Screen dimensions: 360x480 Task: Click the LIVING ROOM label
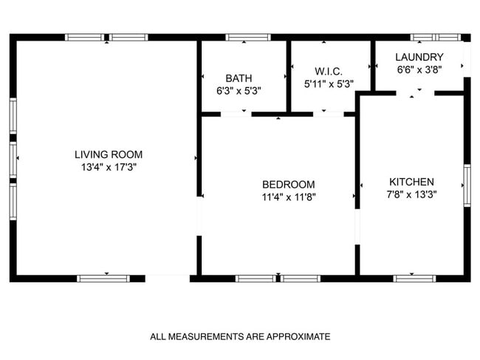[x=109, y=154]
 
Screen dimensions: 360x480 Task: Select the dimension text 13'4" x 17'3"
[x=109, y=168]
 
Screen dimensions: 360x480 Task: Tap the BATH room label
[x=239, y=78]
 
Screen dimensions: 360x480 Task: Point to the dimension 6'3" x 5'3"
[x=239, y=90]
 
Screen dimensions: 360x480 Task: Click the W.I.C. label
[x=329, y=71]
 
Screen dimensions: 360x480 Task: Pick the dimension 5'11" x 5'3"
[x=329, y=84]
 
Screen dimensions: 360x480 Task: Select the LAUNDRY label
[x=419, y=57]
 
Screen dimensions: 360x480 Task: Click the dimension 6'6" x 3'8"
[x=419, y=69]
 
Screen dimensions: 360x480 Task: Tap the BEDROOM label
[x=289, y=184]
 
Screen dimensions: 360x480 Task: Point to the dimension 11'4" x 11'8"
[x=289, y=197]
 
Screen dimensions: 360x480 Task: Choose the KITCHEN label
[x=411, y=182]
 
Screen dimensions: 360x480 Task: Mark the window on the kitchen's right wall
[x=466, y=185]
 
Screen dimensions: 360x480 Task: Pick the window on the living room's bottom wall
[x=103, y=279]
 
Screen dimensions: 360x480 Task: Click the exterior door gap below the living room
[x=168, y=279]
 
